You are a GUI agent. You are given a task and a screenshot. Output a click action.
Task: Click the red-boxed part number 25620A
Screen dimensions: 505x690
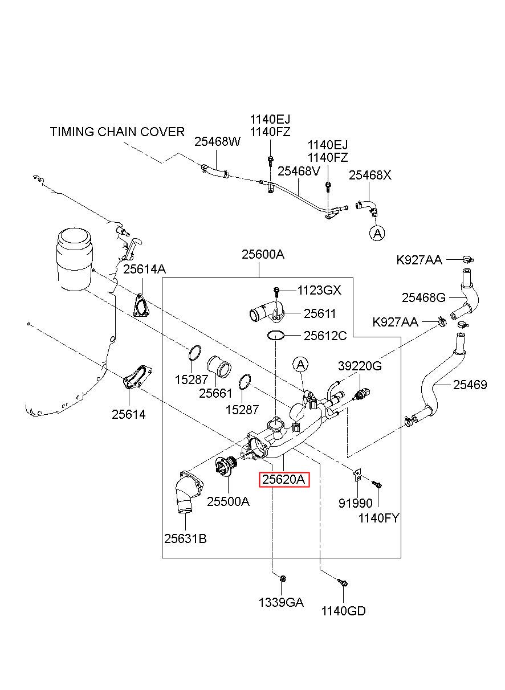(284, 479)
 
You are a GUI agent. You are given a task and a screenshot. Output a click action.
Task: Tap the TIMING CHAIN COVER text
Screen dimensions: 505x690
(117, 132)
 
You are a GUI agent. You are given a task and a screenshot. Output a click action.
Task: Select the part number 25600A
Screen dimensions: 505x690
(263, 254)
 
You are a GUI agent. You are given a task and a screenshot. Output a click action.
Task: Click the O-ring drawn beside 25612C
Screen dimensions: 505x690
(275, 336)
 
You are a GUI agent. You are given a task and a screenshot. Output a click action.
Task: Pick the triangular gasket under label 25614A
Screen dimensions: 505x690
(141, 306)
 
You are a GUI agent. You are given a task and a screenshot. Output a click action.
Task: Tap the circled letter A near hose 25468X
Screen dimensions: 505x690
(377, 233)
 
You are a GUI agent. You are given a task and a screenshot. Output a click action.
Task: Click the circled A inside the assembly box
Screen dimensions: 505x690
(300, 365)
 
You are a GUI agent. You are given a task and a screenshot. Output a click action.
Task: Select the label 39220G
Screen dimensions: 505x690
(360, 366)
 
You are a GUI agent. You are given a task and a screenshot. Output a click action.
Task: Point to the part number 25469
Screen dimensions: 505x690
(470, 385)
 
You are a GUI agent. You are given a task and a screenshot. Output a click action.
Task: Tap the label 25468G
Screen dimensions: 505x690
(423, 297)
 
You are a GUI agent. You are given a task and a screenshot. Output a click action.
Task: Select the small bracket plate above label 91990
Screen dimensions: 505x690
(357, 476)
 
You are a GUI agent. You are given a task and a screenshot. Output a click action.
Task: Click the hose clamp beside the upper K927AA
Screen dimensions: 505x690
(468, 259)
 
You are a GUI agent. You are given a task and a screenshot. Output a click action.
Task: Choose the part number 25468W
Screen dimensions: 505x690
(217, 141)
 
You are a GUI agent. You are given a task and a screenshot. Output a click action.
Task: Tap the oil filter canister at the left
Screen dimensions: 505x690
(75, 259)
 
